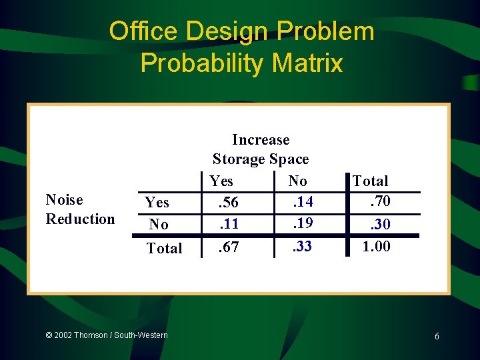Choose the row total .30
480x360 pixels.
(379, 225)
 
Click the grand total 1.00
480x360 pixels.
(376, 247)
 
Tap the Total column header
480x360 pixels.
(370, 181)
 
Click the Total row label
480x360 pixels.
(164, 248)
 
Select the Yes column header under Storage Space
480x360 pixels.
(221, 181)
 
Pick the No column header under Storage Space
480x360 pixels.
(297, 181)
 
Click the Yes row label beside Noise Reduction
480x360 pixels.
(157, 202)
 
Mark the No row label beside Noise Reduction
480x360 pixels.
(159, 225)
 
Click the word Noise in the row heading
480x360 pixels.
(64, 200)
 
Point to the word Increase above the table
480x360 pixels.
(261, 140)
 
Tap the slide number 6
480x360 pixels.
(437, 337)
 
